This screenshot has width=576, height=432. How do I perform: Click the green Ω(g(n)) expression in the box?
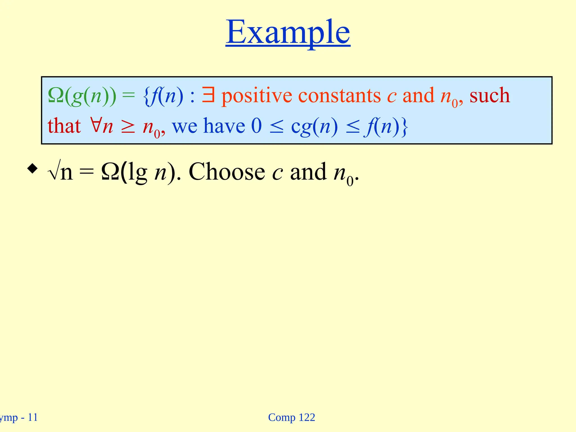click(82, 96)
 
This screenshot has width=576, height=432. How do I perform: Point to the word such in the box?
click(489, 96)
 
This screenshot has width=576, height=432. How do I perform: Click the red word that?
click(64, 126)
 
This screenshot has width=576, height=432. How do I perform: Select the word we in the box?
click(184, 126)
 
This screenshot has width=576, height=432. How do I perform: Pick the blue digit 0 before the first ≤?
click(256, 126)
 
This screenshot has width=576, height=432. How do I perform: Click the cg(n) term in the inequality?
click(314, 127)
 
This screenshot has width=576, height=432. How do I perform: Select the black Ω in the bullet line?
click(110, 172)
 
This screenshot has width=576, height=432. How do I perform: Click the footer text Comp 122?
click(291, 417)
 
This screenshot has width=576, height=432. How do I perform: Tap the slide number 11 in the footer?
click(33, 417)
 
